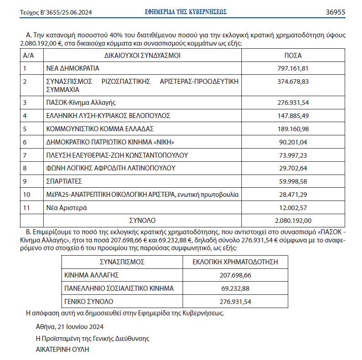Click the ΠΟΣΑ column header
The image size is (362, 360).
pyautogui.click(x=293, y=56)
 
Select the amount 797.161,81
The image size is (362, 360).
pyautogui.click(x=293, y=68)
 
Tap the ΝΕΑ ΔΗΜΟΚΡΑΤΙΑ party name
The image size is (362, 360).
pyautogui.click(x=73, y=68)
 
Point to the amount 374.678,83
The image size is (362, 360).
pyautogui.click(x=293, y=82)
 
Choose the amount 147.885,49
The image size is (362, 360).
pyautogui.click(x=293, y=115)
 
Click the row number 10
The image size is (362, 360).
pyautogui.click(x=26, y=195)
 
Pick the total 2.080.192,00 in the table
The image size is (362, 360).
pyautogui.click(x=293, y=221)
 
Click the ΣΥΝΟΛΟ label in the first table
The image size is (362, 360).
pyautogui.click(x=143, y=221)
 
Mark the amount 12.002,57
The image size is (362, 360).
pyautogui.click(x=293, y=208)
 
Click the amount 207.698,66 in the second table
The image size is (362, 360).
pyautogui.click(x=235, y=275)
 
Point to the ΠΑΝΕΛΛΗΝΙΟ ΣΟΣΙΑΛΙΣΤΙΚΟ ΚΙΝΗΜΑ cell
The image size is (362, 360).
pyautogui.click(x=119, y=288)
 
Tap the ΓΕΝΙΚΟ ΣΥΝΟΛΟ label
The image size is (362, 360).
pyautogui.click(x=89, y=302)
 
